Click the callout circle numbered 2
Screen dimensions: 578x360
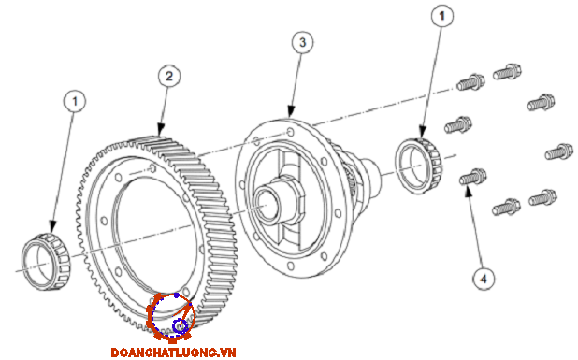pos(169,77)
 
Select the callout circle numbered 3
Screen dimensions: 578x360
pos(303,42)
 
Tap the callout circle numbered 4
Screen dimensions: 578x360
pos(484,279)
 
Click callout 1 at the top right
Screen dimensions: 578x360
pos(442,16)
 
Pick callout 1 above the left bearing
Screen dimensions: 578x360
pos(75,101)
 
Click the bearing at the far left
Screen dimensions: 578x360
pos(46,261)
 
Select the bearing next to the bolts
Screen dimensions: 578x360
pos(419,166)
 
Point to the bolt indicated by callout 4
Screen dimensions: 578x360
pos(473,178)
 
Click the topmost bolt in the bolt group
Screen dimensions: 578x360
pos(507,72)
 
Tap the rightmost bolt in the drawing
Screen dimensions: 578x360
pos(559,151)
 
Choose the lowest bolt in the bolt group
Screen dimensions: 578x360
pos(507,208)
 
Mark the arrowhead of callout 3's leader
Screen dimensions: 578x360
pos(291,111)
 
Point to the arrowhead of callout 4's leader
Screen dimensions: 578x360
pos(468,192)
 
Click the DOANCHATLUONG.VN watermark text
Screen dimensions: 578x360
pos(173,353)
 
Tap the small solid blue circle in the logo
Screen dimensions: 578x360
pos(177,295)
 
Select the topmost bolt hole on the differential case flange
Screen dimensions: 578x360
pos(291,132)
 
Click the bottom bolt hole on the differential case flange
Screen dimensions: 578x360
pos(291,266)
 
